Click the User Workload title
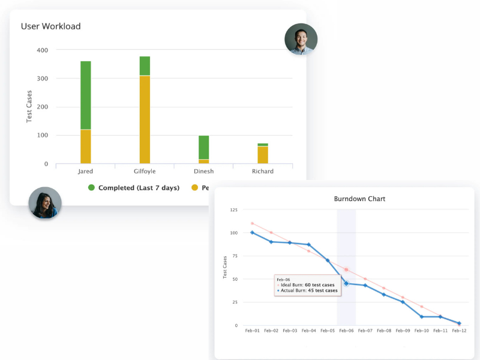(51, 26)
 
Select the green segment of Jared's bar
(86, 95)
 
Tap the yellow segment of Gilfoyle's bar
(145, 119)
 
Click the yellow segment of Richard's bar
(263, 155)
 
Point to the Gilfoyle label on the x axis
(145, 172)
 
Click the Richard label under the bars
(263, 172)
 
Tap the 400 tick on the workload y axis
(42, 50)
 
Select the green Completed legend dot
(92, 188)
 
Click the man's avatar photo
(301, 40)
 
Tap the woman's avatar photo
(45, 203)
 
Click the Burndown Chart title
(359, 199)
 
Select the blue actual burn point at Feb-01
(253, 233)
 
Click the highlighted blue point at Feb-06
(346, 283)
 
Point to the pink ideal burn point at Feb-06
(346, 270)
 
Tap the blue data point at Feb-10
(421, 316)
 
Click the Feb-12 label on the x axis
(459, 331)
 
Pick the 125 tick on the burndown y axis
(234, 210)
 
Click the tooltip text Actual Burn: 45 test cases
(308, 291)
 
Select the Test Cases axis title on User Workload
(29, 107)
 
